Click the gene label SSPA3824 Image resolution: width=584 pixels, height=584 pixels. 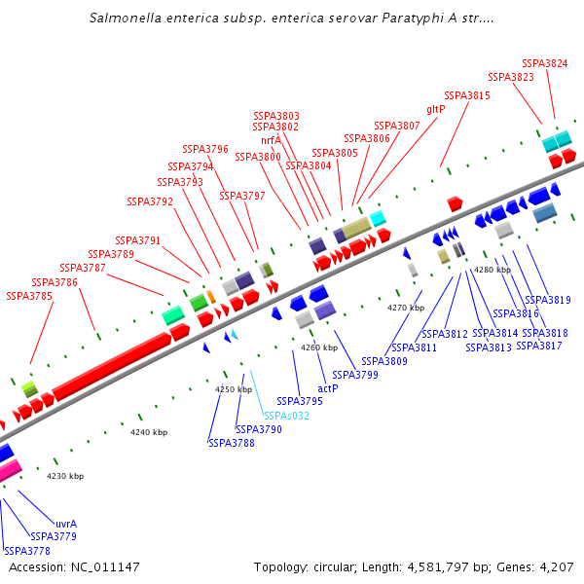pyautogui.click(x=545, y=63)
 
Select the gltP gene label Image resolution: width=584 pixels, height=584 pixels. pyautogui.click(x=436, y=109)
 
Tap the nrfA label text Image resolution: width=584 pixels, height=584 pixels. pyautogui.click(x=271, y=140)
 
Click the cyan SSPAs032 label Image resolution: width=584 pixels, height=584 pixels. pyautogui.click(x=287, y=416)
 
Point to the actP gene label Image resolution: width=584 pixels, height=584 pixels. pyautogui.click(x=328, y=388)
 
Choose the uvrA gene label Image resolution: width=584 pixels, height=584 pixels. pyautogui.click(x=66, y=524)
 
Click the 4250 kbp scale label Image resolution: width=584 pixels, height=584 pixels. pyautogui.click(x=234, y=389)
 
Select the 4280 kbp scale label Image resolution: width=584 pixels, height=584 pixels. pyautogui.click(x=493, y=270)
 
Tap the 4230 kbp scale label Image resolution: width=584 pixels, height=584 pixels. pyautogui.click(x=65, y=476)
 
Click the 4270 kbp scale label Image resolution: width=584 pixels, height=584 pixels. pyautogui.click(x=406, y=308)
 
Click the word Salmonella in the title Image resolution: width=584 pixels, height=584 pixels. pyautogui.click(x=125, y=18)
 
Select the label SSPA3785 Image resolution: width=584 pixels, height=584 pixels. pyautogui.click(x=29, y=296)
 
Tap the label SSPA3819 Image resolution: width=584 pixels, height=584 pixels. pyautogui.click(x=548, y=300)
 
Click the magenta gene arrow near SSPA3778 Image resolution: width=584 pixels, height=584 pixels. pyautogui.click(x=9, y=471)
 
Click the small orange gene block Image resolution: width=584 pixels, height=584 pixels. pyautogui.click(x=210, y=296)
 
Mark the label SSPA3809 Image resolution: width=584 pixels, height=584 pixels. pyautogui.click(x=411, y=361)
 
